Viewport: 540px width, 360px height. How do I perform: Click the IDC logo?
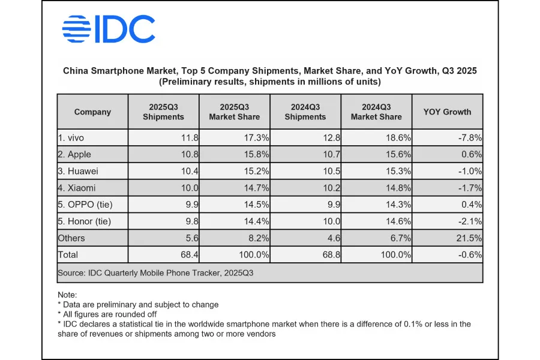(109, 29)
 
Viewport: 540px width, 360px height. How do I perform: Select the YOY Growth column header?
(447, 112)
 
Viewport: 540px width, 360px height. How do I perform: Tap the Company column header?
(92, 112)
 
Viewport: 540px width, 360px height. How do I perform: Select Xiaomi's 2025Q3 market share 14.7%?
(254, 188)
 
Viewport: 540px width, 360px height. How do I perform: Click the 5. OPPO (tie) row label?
(85, 205)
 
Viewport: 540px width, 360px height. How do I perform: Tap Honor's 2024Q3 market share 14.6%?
(397, 221)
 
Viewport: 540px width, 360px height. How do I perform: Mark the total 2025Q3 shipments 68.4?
(190, 255)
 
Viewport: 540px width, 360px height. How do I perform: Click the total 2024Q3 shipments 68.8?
(331, 255)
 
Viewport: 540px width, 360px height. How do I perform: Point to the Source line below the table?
(155, 272)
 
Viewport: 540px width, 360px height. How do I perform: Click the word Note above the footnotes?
(67, 295)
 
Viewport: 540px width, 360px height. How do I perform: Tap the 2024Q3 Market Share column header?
(376, 112)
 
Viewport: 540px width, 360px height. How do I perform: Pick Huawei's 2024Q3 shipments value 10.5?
(331, 171)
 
